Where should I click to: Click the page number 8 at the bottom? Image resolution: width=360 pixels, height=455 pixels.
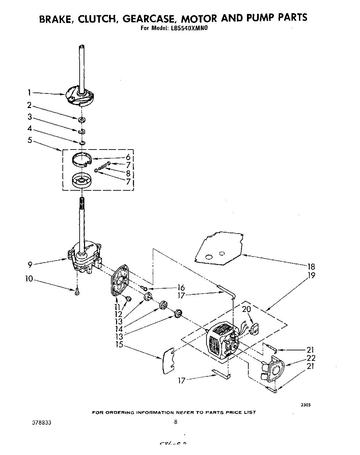click(x=175, y=422)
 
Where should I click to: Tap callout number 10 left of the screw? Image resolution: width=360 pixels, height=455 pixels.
click(x=30, y=279)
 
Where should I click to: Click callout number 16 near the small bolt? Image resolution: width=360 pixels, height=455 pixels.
click(x=181, y=288)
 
